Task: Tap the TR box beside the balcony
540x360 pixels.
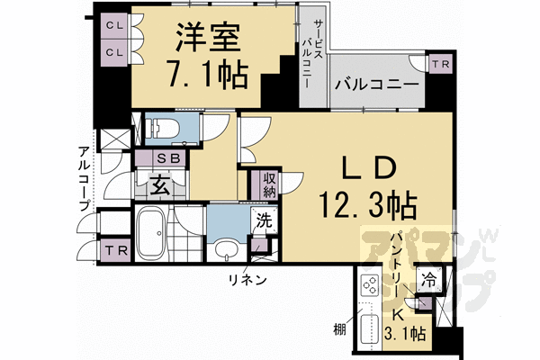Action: pyautogui.click(x=439, y=64)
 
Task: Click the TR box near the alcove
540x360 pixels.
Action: pyautogui.click(x=115, y=249)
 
